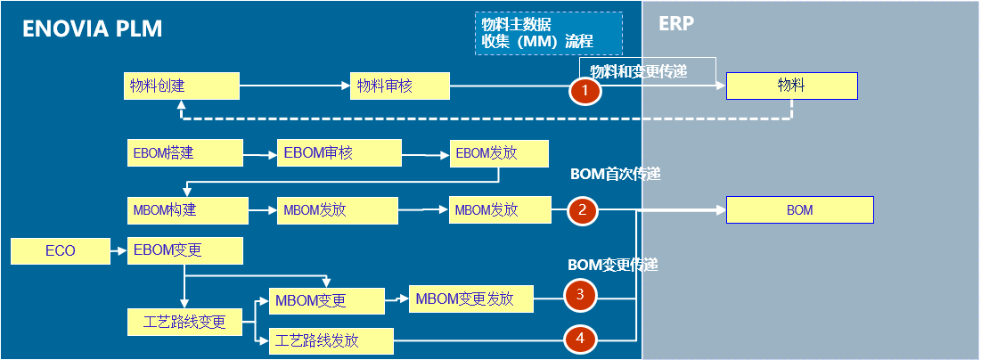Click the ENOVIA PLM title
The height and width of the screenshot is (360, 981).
pos(93,29)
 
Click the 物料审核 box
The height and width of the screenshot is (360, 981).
pos(399,86)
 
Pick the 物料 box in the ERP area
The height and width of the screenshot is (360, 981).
pos(791,86)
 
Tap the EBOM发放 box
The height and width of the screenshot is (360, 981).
pos(498,152)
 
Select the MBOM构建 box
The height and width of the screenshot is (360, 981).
pos(187,210)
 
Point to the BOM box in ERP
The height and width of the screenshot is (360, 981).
pos(799,210)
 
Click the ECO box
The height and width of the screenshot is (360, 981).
pos(61,251)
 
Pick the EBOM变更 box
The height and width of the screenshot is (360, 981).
pos(185,250)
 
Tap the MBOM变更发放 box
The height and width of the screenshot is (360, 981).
pos(470,299)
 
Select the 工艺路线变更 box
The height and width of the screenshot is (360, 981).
pos(185,322)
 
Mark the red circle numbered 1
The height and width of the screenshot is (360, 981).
pos(585,91)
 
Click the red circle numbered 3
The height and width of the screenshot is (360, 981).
pos(580,294)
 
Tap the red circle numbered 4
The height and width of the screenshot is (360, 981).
pos(580,339)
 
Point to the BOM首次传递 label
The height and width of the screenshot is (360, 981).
pos(616,175)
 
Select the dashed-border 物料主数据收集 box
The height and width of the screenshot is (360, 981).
pos(548,33)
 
